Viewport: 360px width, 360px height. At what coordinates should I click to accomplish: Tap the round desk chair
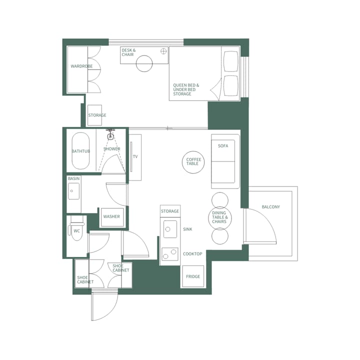point(144,63)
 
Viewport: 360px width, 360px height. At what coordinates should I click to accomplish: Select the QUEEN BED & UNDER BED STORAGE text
point(186,89)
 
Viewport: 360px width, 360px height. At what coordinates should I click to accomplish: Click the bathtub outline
point(80,150)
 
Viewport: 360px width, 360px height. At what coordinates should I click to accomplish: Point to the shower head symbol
point(110,134)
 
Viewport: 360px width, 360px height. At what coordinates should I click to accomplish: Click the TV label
point(135,156)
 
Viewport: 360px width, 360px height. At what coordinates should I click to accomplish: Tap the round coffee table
point(193,161)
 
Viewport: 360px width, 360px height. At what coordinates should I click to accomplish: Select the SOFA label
point(223,146)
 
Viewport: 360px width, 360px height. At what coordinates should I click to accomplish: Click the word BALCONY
point(270,207)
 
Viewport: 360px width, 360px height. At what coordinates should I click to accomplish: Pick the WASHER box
point(111,217)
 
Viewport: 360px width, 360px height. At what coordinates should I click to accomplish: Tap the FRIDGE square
point(193,276)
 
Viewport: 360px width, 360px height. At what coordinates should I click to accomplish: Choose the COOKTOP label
point(192,254)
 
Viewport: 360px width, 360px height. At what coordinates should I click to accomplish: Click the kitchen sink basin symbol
point(170,229)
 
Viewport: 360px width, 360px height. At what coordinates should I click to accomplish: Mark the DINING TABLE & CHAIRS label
point(220,217)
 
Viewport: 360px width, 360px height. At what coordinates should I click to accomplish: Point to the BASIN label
point(73,178)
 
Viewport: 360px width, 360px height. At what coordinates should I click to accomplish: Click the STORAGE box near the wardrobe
point(94,115)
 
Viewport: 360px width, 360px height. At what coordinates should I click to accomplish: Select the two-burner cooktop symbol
point(170,254)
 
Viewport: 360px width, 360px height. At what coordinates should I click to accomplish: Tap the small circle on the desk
point(163,51)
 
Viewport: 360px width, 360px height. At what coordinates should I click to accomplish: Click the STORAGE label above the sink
point(170,211)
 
